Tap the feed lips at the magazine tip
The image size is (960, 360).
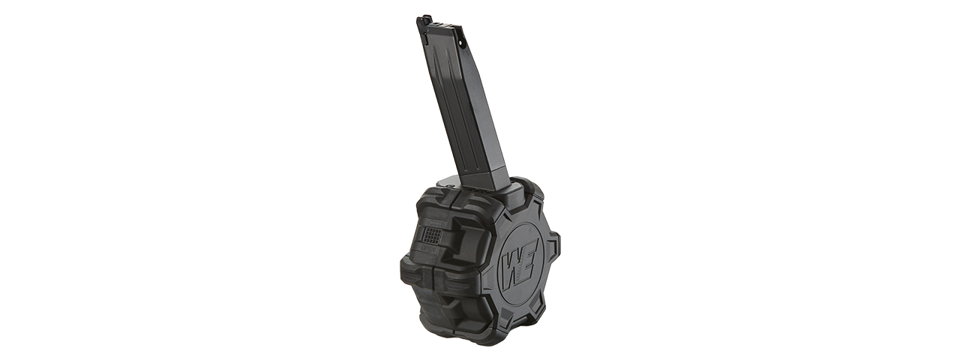pos(424,22)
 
